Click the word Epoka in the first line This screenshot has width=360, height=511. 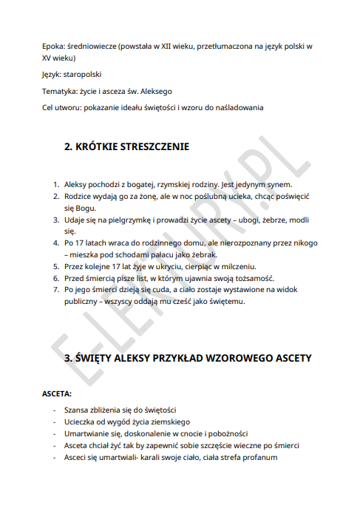[x=54, y=46]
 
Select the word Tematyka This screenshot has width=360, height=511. [x=61, y=91]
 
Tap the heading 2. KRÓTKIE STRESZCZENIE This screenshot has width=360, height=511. [x=126, y=146]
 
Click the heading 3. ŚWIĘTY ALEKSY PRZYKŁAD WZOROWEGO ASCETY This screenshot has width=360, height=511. [x=189, y=358]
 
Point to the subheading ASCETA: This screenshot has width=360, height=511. [x=57, y=394]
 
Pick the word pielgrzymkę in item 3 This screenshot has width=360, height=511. [x=134, y=219]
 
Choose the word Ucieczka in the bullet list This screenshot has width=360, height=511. [x=82, y=422]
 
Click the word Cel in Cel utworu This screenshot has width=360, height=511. [x=50, y=107]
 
